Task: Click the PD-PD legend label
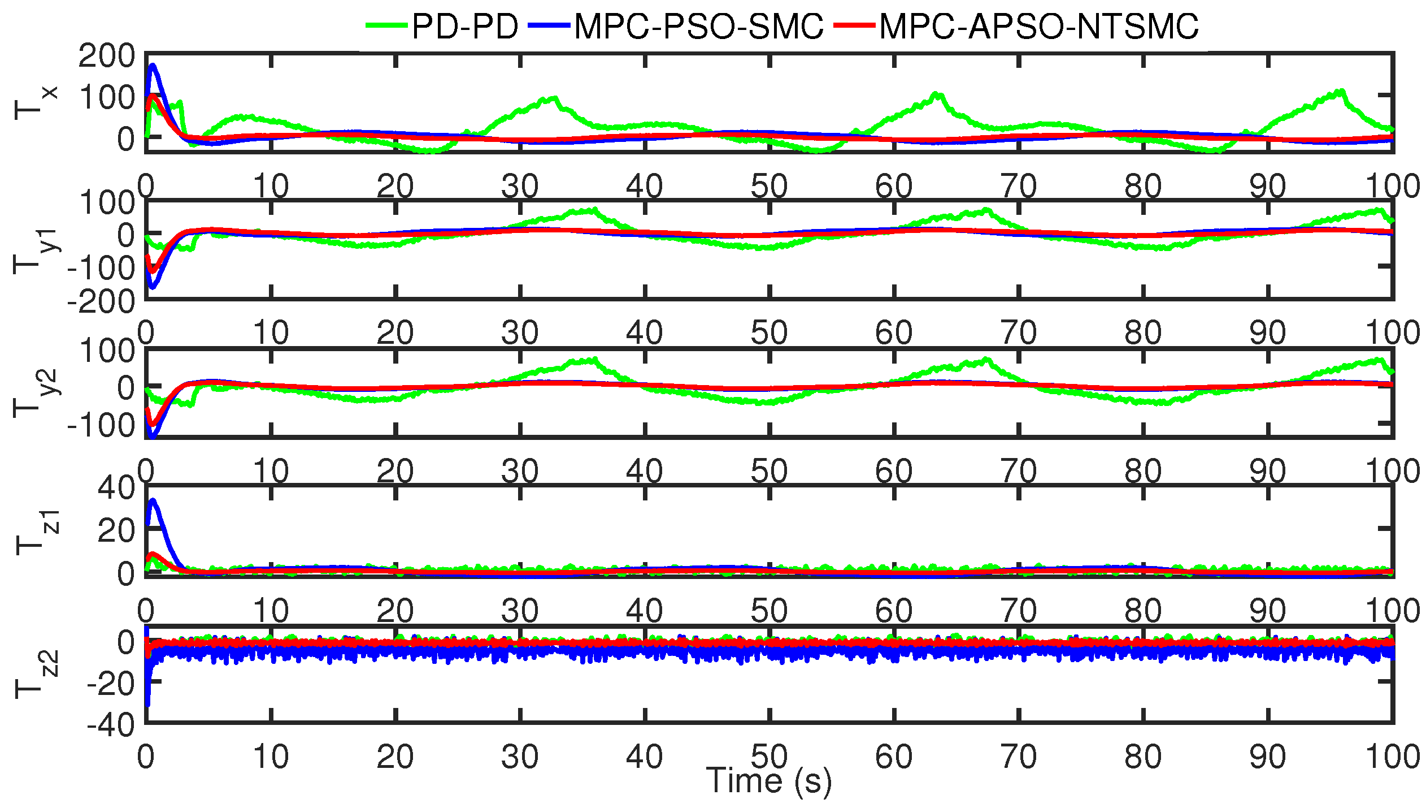pyautogui.click(x=464, y=26)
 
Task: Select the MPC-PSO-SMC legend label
pyautogui.click(x=698, y=26)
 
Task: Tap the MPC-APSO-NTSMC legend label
pyautogui.click(x=1038, y=26)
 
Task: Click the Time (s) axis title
pyautogui.click(x=769, y=781)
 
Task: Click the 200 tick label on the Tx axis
pyautogui.click(x=107, y=57)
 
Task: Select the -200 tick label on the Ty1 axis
pyautogui.click(x=101, y=302)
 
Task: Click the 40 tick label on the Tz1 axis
pyautogui.click(x=116, y=487)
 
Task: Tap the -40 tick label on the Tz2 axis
pyautogui.click(x=111, y=724)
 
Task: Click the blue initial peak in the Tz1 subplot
pyautogui.click(x=153, y=501)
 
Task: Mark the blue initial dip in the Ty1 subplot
pyautogui.click(x=152, y=287)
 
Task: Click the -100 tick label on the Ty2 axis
pyautogui.click(x=101, y=425)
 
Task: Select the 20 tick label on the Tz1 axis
pyautogui.click(x=116, y=530)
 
